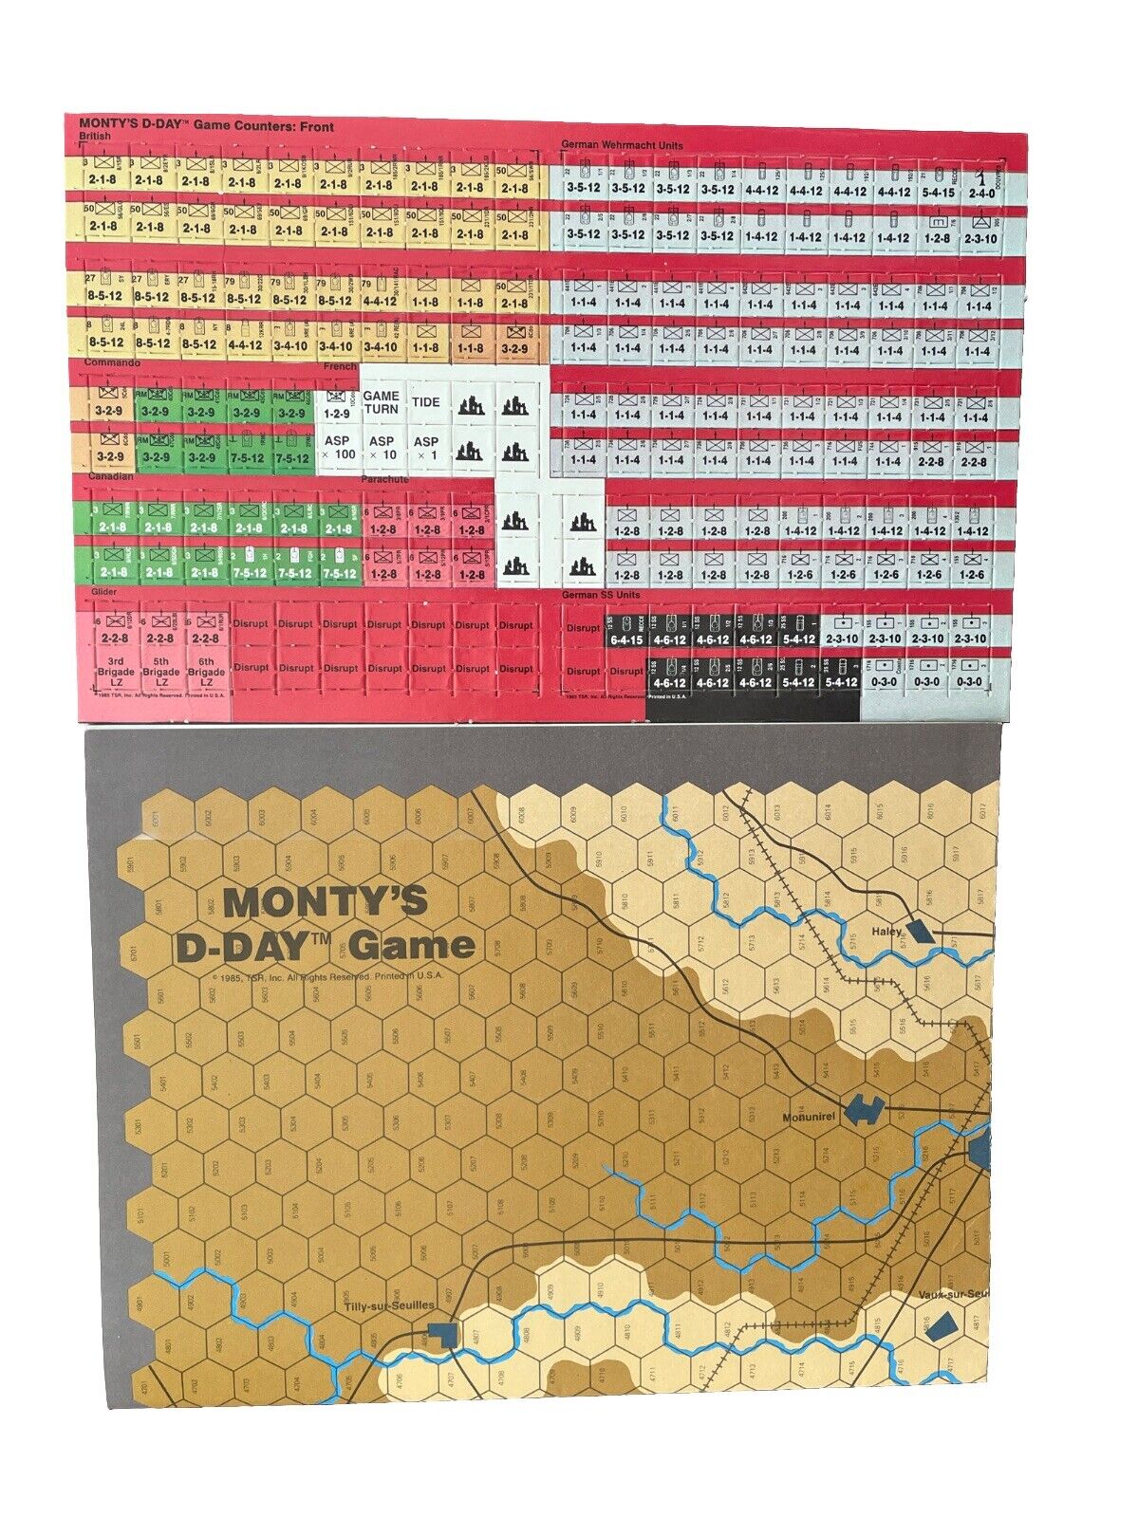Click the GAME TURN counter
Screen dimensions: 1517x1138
[x=382, y=402]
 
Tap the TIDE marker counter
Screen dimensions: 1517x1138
[x=426, y=402]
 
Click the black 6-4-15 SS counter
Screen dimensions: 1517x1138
[x=625, y=632]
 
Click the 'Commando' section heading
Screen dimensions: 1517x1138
[x=111, y=363]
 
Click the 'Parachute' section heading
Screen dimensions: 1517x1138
[x=384, y=480]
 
